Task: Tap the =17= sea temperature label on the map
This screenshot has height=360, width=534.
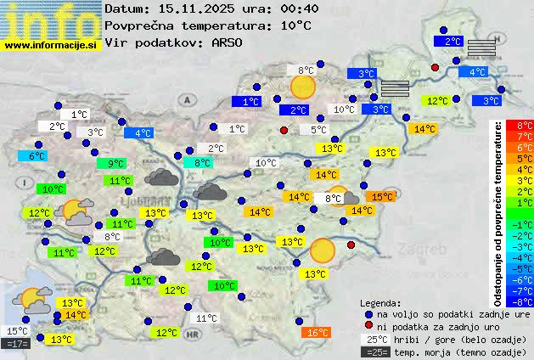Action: [16, 344]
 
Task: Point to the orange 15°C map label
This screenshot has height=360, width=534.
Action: [382, 196]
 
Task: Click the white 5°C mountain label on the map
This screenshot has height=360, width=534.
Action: [318, 130]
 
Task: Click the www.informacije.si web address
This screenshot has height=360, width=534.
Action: [51, 45]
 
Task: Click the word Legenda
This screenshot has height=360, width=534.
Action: [380, 302]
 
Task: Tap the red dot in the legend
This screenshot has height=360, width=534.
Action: [368, 326]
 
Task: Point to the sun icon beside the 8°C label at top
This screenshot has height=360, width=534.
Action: [302, 86]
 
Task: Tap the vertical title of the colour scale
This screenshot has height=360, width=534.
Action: [498, 212]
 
